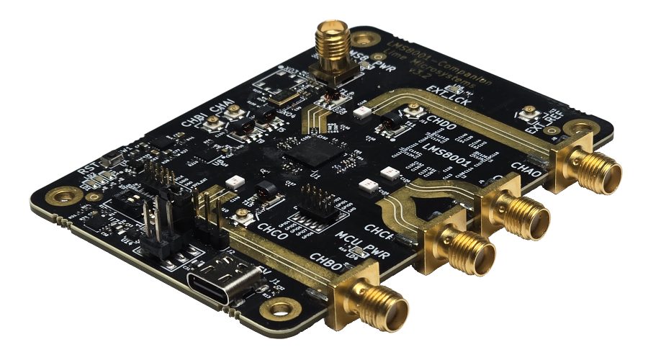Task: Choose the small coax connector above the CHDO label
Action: point(414,110)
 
